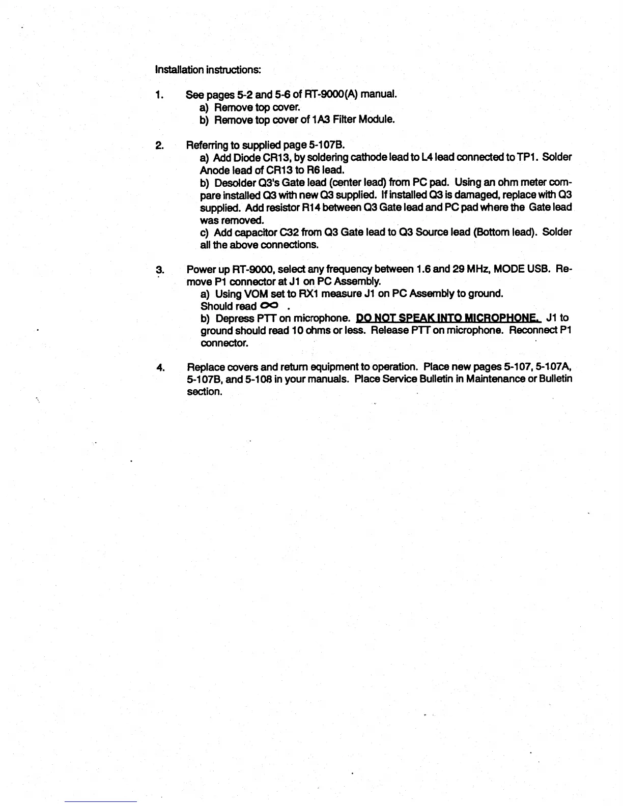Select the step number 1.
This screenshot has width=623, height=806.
pyautogui.click(x=159, y=95)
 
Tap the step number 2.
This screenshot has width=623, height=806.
pyautogui.click(x=159, y=146)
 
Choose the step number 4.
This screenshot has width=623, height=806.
pyautogui.click(x=160, y=367)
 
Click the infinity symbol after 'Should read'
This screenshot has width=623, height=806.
pyautogui.click(x=270, y=305)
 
